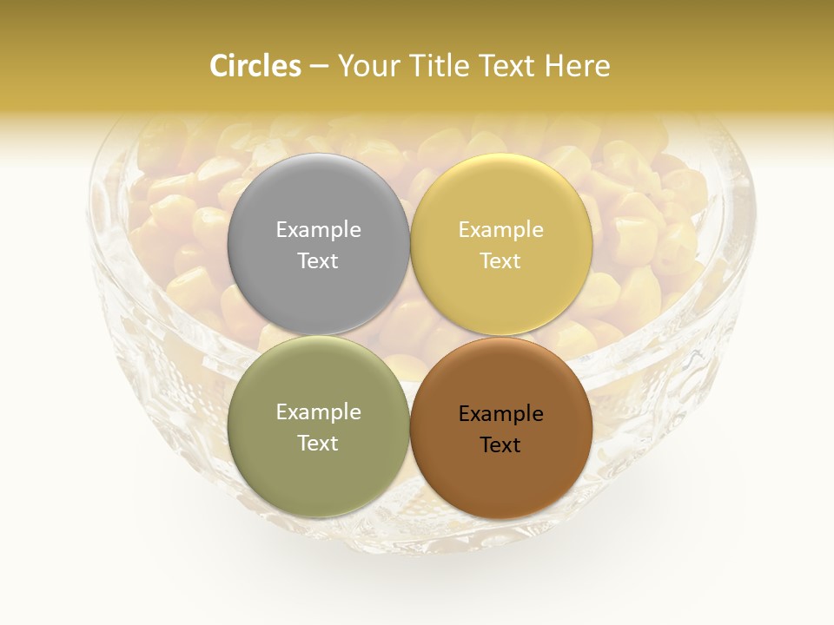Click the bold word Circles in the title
tap(255, 66)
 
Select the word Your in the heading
tap(368, 66)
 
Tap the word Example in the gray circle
tap(318, 230)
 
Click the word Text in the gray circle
tap(318, 260)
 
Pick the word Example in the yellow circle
tap(500, 230)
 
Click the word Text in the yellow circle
tap(500, 260)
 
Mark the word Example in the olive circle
tap(318, 412)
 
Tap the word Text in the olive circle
tap(318, 443)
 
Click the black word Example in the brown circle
tap(500, 414)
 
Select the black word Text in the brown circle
tap(500, 444)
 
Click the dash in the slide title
tap(319, 67)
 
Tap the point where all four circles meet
tap(409, 335)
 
